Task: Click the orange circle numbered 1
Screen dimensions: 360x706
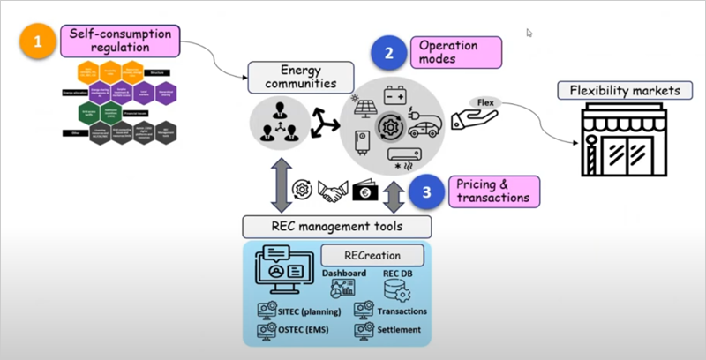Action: click(x=38, y=41)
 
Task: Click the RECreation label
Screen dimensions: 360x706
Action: click(x=372, y=256)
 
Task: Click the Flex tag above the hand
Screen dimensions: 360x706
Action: click(x=486, y=102)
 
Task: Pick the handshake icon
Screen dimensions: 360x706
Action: click(x=331, y=189)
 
